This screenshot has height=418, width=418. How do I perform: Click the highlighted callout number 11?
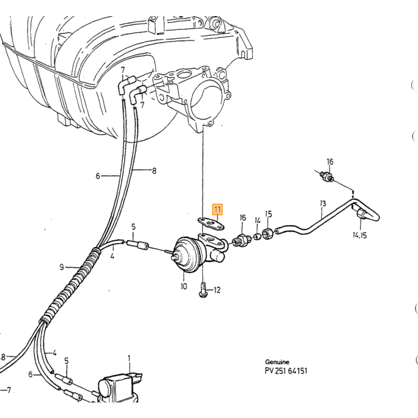217,210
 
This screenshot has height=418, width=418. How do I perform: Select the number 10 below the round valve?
184,286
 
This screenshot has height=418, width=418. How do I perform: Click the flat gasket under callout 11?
211,223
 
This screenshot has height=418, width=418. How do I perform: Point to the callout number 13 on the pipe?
323,204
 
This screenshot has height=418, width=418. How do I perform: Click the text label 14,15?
359,235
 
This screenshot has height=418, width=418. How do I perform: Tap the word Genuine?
277,362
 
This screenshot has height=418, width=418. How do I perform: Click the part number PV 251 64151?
286,371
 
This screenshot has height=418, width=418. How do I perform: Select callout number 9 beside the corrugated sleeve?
62,267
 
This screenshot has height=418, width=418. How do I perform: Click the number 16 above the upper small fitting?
330,162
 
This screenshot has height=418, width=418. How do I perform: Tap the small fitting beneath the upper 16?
327,176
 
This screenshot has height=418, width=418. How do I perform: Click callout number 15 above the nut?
269,214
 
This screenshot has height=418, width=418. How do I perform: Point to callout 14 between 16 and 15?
257,220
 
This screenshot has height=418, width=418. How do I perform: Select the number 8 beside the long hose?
154,171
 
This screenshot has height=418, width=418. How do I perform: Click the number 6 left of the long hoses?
97,176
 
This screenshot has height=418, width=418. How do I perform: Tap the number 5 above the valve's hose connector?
133,227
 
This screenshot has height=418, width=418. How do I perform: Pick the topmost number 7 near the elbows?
122,70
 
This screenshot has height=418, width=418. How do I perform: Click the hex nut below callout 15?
268,233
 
